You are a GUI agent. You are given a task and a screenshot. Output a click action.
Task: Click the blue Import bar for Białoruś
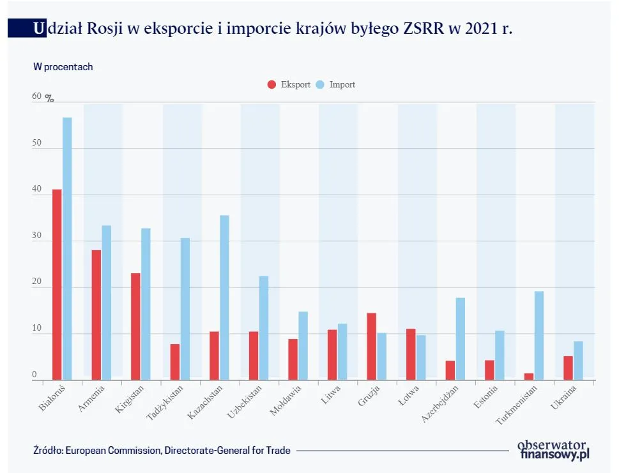coord(67,249)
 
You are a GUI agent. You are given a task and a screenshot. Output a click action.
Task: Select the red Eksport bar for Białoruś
coord(57,285)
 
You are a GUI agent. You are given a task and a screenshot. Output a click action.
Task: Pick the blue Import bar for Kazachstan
coord(224,297)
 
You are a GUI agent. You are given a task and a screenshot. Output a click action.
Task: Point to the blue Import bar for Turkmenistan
coord(539,335)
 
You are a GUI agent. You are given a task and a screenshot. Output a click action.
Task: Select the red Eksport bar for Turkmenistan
coord(529,377)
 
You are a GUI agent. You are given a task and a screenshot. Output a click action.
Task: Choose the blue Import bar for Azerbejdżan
coord(460,338)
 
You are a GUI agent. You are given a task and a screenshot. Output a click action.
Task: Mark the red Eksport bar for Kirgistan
coord(135,326)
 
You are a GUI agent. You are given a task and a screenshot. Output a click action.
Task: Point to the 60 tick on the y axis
coord(36,97)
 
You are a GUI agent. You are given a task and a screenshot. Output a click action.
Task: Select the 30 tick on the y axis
coord(36,236)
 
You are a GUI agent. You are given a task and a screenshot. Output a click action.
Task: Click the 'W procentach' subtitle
coord(63,66)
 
